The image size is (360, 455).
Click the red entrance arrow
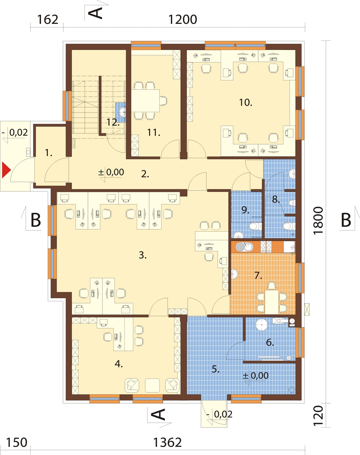pos(6,170)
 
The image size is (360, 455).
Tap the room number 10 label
pos(245,103)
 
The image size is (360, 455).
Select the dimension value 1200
pos(183,20)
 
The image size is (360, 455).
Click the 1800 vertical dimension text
pos(319,220)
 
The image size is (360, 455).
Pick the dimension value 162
pos(47,20)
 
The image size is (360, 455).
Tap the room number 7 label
pos(258,275)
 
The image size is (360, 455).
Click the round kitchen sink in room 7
pos(240,247)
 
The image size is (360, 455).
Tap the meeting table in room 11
pos(146,101)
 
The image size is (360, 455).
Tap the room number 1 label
pos(49,153)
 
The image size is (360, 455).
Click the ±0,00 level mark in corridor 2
pos(111,172)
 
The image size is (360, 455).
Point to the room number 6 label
pos(270,342)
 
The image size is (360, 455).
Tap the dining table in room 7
pos(272,302)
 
